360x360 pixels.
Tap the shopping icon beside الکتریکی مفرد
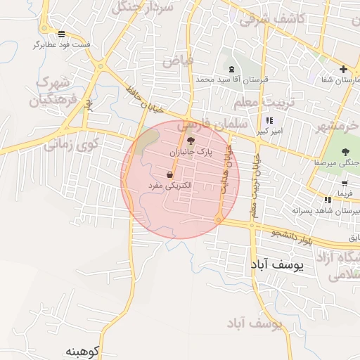click(171, 174)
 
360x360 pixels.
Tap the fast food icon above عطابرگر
click(62, 34)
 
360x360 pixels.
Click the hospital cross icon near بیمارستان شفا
click(343, 69)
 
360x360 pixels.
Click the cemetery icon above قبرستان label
click(232, 69)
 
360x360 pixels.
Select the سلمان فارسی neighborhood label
click(212, 126)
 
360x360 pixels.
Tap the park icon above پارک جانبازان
click(191, 141)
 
